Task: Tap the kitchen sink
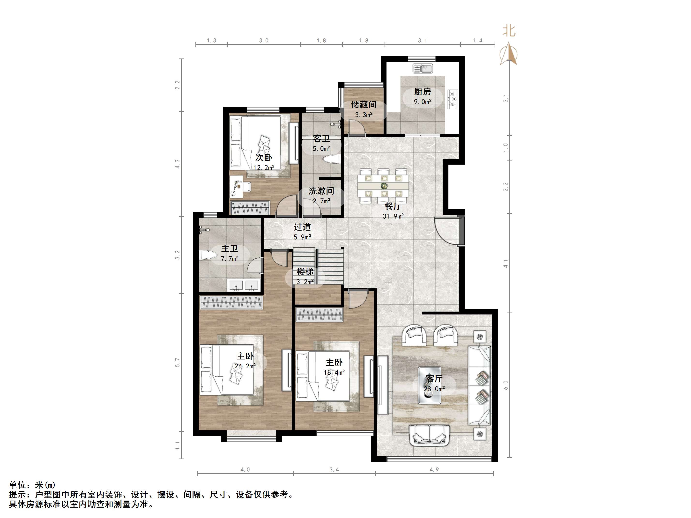423,69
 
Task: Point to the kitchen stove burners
453,99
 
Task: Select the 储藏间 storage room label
363,105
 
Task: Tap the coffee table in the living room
430,385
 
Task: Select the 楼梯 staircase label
305,272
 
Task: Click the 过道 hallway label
302,227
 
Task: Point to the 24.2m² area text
245,366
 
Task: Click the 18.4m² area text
334,372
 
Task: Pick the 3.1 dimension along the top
422,41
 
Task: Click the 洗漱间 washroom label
321,191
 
